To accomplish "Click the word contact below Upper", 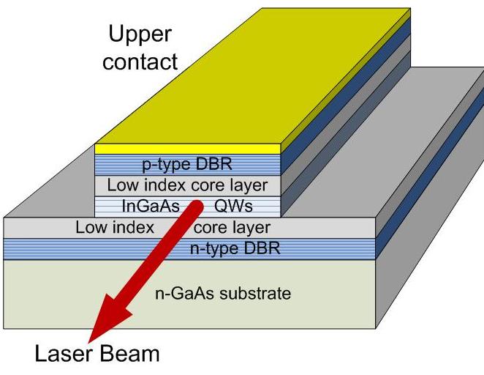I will [x=140, y=61].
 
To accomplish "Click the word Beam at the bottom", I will [x=131, y=356].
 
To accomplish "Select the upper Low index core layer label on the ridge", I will [x=187, y=185].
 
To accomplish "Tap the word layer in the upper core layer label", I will [x=249, y=185].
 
